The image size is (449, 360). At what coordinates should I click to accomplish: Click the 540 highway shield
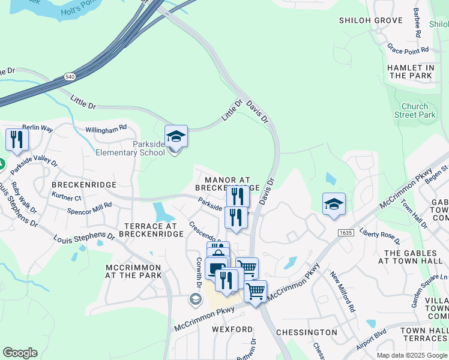[70, 77]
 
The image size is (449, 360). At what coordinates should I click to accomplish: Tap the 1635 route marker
[345, 232]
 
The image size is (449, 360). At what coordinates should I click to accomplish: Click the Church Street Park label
[415, 110]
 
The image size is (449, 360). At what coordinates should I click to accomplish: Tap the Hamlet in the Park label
[411, 72]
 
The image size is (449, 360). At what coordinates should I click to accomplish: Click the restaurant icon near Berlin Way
[16, 139]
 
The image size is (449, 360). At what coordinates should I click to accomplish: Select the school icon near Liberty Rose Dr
[334, 203]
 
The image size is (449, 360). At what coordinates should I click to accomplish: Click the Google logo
[19, 353]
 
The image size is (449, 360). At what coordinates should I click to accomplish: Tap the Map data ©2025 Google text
[411, 355]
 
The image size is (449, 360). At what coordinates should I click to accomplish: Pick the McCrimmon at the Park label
[133, 271]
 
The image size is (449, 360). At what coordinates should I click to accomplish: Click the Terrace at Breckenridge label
[152, 230]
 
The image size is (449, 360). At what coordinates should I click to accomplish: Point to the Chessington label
[306, 332]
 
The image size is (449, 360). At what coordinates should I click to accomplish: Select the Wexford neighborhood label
[232, 329]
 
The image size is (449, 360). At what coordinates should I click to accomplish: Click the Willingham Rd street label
[106, 128]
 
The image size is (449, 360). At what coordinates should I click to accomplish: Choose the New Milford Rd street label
[343, 292]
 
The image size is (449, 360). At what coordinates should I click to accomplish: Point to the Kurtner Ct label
[66, 197]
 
